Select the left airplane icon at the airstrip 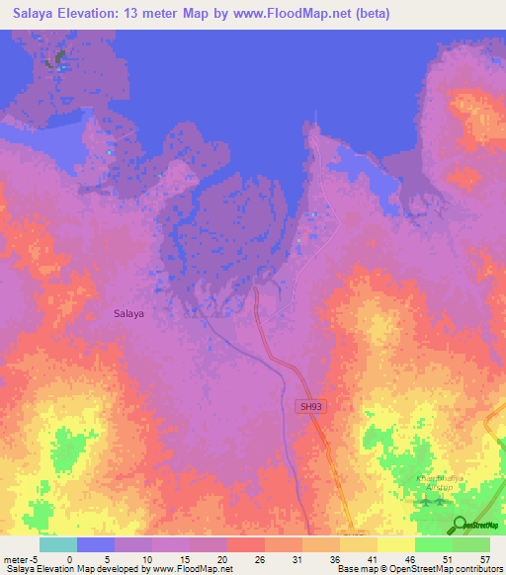(x=425, y=503)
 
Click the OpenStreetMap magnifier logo (x=460, y=525)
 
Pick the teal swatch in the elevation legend (x=58, y=544)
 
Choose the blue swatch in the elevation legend (x=96, y=544)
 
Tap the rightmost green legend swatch (x=471, y=544)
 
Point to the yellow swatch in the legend (x=396, y=544)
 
